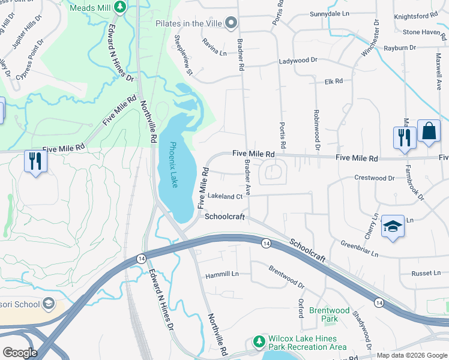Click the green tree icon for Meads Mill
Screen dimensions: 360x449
(120, 7)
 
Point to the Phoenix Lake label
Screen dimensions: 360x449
(173, 164)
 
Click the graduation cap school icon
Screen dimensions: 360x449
(392, 227)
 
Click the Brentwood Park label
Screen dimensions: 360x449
(328, 314)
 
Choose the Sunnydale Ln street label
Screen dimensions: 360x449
(330, 13)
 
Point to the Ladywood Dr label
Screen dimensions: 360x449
(298, 61)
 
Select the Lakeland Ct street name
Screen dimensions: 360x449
(224, 196)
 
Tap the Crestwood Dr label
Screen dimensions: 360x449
(375, 178)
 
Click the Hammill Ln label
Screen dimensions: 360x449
(221, 274)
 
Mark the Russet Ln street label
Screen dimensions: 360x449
(426, 273)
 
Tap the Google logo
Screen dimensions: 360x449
(20, 352)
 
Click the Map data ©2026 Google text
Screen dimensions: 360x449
(411, 355)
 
